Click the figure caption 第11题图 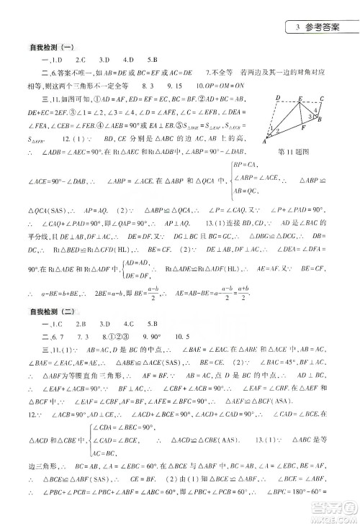coord(292,153)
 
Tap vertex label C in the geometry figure coord(322,99)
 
